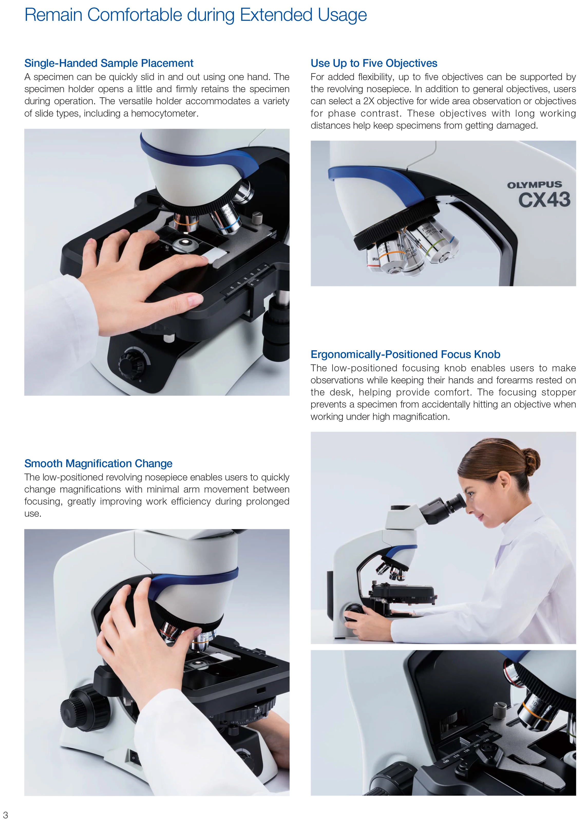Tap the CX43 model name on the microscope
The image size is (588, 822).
coord(544,200)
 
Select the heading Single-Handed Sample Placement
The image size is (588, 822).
coord(109,63)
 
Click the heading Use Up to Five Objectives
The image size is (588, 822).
coord(374,63)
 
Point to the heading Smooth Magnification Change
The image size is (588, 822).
coord(98,464)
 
